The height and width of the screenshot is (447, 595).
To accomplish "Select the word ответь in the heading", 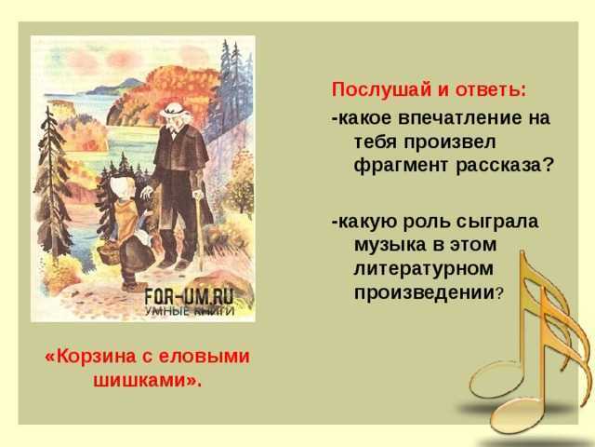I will coord(490,90).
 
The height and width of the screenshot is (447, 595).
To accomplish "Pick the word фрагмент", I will coord(398,165).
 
